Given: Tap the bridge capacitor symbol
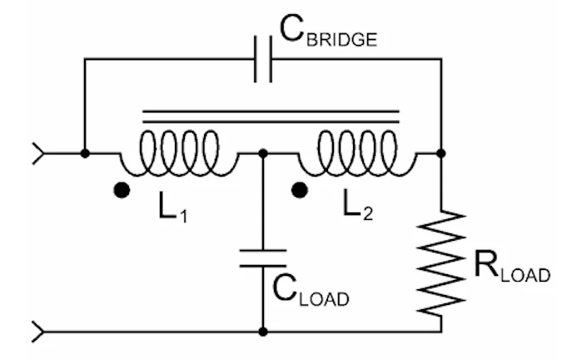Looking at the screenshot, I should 263,59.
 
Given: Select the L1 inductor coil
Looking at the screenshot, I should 176,150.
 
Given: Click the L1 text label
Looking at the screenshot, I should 170,203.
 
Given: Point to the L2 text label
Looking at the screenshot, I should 355,203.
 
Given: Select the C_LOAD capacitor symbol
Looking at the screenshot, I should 263,257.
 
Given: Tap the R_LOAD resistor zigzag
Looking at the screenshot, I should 441,262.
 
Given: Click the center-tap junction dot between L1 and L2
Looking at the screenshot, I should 263,153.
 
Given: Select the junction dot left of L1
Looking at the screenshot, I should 84,153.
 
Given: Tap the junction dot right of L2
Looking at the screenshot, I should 441,153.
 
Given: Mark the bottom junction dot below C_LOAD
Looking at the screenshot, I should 263,332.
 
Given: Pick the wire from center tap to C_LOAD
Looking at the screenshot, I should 263,200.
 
